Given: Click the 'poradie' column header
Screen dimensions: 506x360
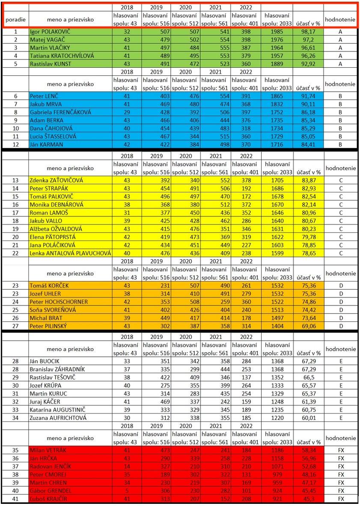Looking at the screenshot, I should click(x=15, y=19).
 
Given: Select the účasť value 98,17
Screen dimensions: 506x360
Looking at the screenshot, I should click(x=308, y=32).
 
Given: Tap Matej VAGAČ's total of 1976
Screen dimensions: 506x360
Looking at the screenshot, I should click(x=277, y=39).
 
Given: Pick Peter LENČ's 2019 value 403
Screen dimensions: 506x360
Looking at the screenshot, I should click(x=157, y=96).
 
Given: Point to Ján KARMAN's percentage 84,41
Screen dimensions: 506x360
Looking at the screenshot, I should click(x=308, y=144).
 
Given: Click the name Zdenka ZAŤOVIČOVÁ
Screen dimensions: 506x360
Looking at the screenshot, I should click(x=56, y=180).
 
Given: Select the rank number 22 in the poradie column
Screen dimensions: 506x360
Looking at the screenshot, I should click(x=15, y=253).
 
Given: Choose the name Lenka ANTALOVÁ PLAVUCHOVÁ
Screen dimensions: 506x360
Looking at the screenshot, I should click(x=70, y=253).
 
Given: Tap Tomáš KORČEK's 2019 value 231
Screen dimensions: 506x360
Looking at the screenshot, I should click(x=157, y=285).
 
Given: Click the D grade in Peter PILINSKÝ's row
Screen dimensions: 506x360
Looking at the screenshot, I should click(x=340, y=326).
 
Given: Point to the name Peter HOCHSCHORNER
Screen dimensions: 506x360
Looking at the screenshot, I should click(x=58, y=302).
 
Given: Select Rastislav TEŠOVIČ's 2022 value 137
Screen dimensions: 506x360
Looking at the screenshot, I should click(x=246, y=377).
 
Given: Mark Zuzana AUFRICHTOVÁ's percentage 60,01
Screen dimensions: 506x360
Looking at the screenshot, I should click(x=308, y=418).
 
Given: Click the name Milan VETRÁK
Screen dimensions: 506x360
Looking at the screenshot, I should click(x=47, y=450).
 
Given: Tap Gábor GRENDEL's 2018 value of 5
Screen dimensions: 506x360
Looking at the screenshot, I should click(x=127, y=491).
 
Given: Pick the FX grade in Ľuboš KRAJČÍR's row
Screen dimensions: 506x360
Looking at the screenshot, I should click(x=340, y=499).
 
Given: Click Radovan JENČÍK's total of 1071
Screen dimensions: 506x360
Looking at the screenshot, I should click(x=277, y=466).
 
